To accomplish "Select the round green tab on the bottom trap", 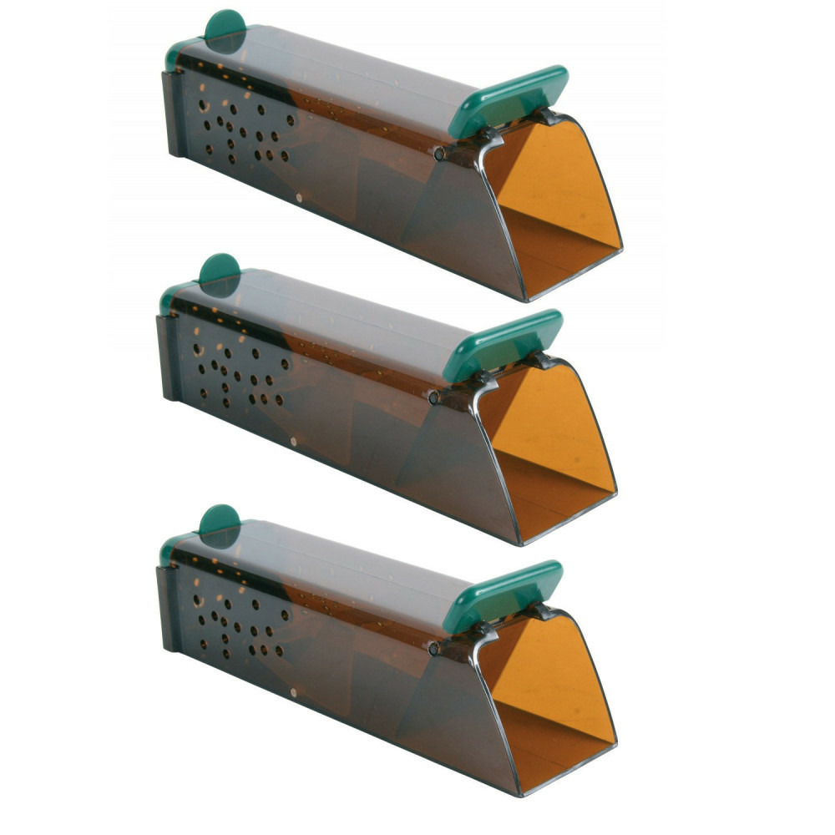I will coord(220,521).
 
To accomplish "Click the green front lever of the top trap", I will coord(509,100).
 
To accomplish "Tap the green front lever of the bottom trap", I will coord(503,595).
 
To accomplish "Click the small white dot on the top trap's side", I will coord(300,197).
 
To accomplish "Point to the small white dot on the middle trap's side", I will coord(293,439).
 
